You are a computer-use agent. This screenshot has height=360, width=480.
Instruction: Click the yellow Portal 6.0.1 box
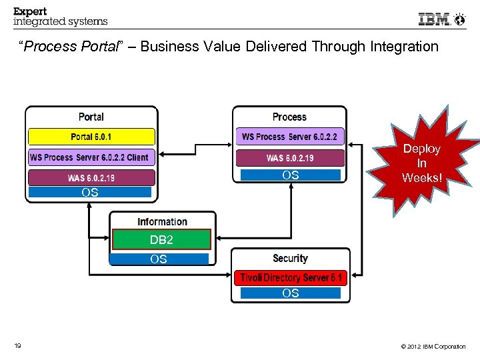91,137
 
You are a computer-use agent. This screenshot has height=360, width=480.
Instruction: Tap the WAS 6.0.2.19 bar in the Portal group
91,178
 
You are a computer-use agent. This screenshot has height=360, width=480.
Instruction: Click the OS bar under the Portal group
90,192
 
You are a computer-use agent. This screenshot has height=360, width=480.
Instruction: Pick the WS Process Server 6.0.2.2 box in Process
289,137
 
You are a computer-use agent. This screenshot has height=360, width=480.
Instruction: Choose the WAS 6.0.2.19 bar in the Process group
289,158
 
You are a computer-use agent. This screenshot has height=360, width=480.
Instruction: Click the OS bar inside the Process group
290,175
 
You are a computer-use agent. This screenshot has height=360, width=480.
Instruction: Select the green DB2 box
161,239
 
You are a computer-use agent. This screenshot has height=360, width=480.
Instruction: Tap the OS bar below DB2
159,259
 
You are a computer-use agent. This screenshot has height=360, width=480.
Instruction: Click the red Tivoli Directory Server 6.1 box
290,277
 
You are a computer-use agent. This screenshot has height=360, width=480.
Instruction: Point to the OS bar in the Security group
290,293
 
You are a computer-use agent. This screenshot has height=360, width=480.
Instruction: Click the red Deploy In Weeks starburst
421,163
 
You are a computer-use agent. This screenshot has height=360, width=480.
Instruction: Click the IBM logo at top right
435,19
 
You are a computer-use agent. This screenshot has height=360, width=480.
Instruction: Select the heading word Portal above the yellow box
91,117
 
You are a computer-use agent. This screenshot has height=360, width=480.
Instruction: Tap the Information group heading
162,221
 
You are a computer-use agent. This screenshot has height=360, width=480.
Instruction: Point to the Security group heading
290,258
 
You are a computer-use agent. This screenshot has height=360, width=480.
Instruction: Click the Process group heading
289,117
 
